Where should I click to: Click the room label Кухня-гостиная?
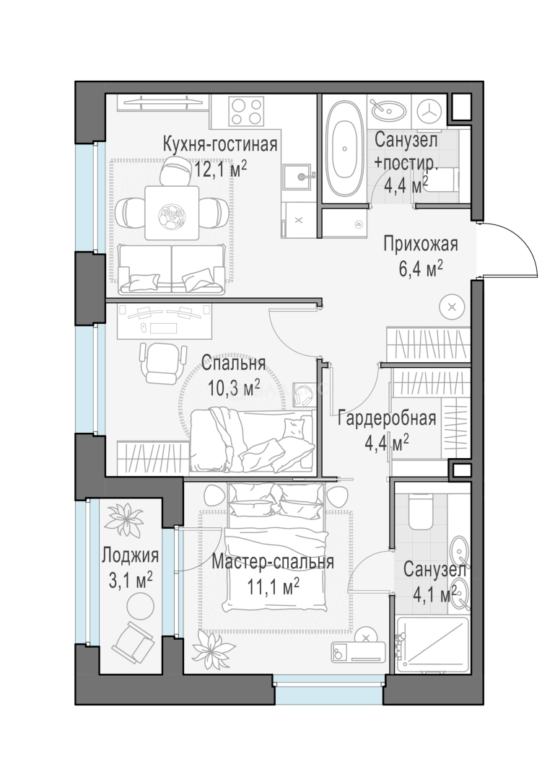point(220,143)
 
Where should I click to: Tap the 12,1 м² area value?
point(220,168)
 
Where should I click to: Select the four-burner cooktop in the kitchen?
point(248,111)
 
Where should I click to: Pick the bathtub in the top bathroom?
point(343,149)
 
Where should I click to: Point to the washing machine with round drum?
point(431,111)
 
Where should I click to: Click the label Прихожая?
point(420,244)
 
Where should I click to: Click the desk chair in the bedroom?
point(157,360)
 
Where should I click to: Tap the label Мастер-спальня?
point(273,562)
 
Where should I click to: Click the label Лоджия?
point(131,556)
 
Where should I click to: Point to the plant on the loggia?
point(128,518)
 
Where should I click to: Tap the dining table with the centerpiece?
point(172,212)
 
